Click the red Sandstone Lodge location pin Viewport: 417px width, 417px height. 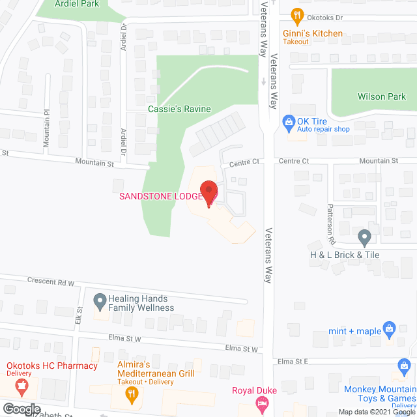pyautogui.click(x=208, y=194)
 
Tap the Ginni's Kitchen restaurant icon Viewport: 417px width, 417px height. pyautogui.click(x=296, y=16)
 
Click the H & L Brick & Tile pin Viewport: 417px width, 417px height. pyautogui.click(x=364, y=236)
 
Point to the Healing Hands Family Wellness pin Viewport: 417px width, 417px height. pyautogui.click(x=100, y=302)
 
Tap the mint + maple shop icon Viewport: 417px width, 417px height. pyautogui.click(x=390, y=328)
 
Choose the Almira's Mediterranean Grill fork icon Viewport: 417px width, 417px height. pyautogui.click(x=131, y=393)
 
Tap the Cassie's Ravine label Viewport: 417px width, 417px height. pyautogui.click(x=179, y=109)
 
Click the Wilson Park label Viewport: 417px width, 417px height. pyautogui.click(x=382, y=96)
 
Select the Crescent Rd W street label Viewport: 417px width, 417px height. pyautogui.click(x=51, y=280)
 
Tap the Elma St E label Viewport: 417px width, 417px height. pyautogui.click(x=291, y=361)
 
